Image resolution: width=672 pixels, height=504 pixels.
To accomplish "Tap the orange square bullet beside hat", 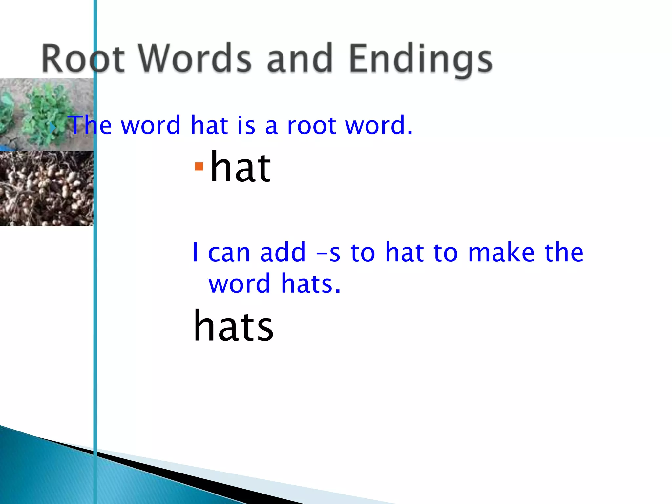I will (x=199, y=167).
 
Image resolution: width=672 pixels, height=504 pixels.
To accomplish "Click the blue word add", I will (x=283, y=253).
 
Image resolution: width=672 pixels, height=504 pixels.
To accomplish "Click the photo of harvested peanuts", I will (x=46, y=189).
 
